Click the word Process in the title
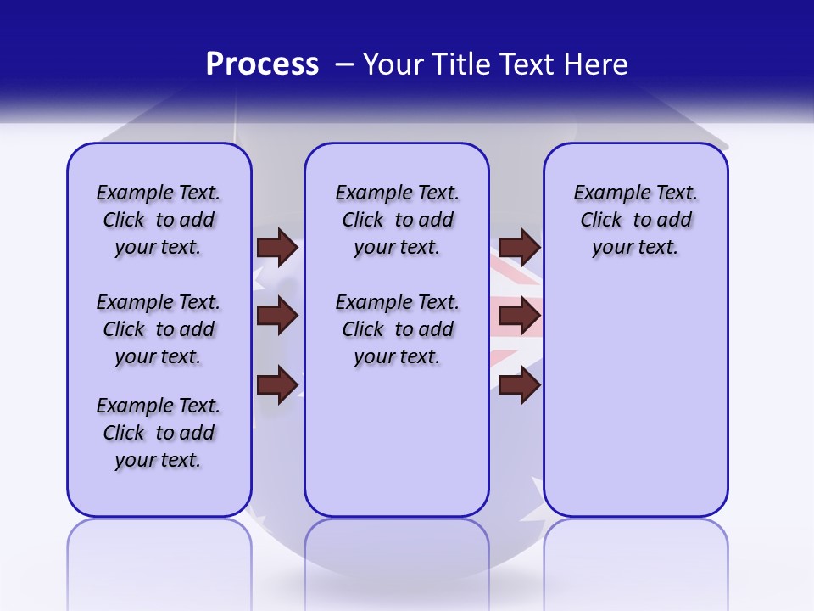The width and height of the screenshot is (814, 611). point(262,64)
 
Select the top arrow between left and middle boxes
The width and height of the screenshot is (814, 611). point(276,247)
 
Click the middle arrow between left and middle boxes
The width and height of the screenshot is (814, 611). point(276,316)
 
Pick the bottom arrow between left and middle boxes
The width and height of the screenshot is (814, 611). point(276,384)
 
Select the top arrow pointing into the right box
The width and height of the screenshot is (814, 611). point(519,247)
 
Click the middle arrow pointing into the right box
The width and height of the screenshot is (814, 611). point(519,316)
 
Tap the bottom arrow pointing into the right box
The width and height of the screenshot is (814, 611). point(519,384)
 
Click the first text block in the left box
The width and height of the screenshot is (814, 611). point(159,220)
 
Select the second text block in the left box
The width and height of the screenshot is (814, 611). point(159,329)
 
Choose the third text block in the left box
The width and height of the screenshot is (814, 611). point(159,433)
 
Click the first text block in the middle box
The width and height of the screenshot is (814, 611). point(397,220)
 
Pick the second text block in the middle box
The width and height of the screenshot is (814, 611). point(397,329)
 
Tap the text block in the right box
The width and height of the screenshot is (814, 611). point(635,220)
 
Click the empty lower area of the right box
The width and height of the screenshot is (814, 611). point(636,407)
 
